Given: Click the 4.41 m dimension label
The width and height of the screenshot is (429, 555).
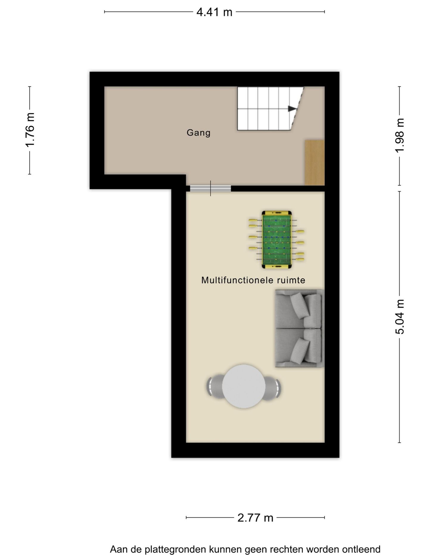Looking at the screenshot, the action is coord(214,12).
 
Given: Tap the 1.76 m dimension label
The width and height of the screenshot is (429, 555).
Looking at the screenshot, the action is coord(30,130).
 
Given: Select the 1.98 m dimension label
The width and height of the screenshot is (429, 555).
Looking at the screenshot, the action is coord(400,135).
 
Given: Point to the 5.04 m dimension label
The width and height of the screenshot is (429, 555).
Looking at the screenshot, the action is coord(400,317).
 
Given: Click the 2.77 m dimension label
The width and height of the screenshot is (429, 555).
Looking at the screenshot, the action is coord(255,518).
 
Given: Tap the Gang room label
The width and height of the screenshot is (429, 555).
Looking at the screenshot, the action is coord(198,133).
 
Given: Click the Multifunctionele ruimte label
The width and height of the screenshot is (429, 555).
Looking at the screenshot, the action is coord(253,280).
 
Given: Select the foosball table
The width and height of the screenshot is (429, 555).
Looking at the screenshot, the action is coord(276,240).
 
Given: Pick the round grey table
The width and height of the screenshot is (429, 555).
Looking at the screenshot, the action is coord(244,386).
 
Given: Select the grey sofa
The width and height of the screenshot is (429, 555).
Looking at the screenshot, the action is coord(299,328).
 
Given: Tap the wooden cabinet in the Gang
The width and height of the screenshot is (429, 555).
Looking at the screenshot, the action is coord(314,163).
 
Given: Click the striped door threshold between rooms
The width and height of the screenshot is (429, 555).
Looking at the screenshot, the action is coord(210,188).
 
